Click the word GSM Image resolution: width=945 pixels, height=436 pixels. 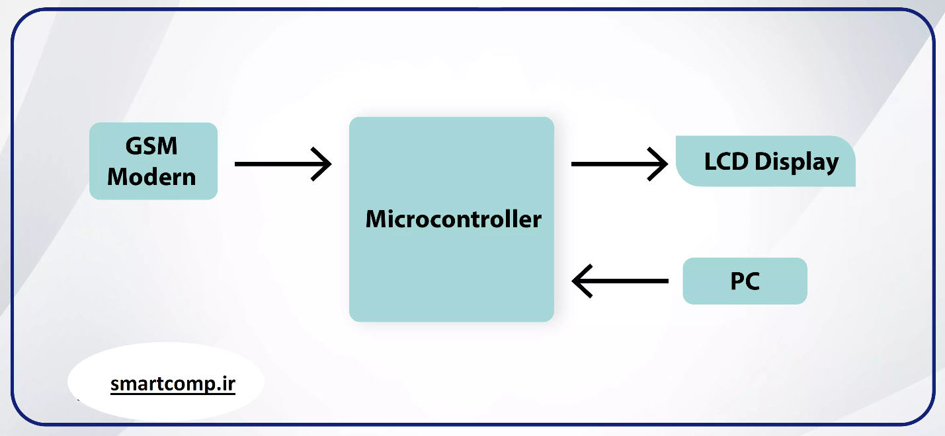point(151,146)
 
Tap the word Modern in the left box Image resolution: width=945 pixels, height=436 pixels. point(151,176)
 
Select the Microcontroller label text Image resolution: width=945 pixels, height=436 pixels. point(453,219)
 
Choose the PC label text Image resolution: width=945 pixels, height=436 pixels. point(745,281)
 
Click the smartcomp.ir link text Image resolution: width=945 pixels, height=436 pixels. point(173,384)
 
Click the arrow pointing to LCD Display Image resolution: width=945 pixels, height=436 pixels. point(618,164)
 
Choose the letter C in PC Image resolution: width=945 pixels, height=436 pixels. point(752,281)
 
